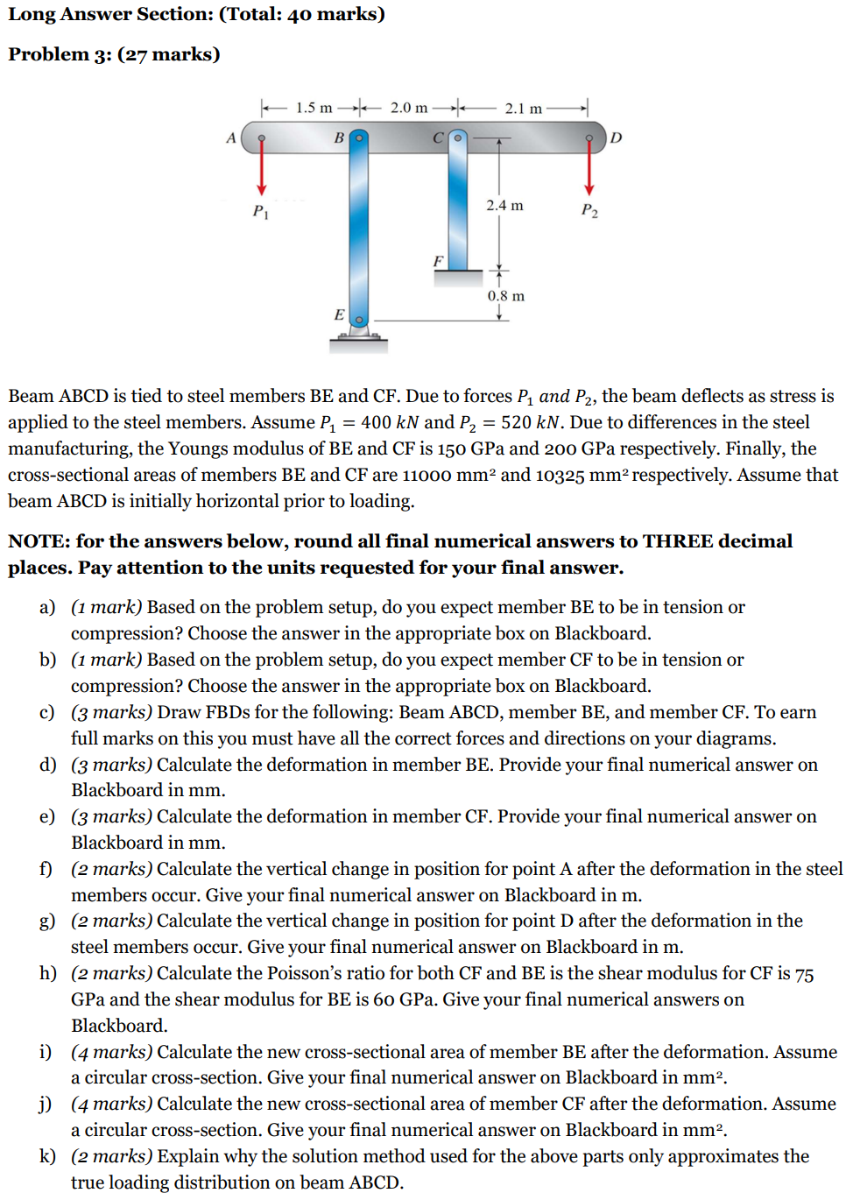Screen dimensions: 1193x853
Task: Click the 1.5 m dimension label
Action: tap(314, 108)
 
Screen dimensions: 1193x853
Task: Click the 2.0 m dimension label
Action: tap(409, 108)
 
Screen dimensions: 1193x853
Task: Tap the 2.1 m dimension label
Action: tap(523, 109)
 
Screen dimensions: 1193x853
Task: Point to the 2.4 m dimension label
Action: tap(504, 205)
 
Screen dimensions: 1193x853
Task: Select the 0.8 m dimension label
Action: tap(505, 296)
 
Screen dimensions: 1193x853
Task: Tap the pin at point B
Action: tap(358, 138)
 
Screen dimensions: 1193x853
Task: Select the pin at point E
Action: tap(358, 320)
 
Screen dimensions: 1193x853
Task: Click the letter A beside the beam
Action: tap(231, 138)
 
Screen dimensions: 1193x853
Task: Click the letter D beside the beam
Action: tap(616, 138)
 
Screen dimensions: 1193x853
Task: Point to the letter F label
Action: tap(438, 261)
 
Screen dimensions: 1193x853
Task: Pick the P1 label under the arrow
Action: tap(260, 211)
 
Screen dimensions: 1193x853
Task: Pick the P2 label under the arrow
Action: tap(589, 211)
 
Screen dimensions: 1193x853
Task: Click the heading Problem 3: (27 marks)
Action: tap(114, 54)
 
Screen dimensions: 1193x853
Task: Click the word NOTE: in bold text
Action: tap(39, 541)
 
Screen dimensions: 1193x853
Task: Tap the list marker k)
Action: tap(47, 1156)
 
